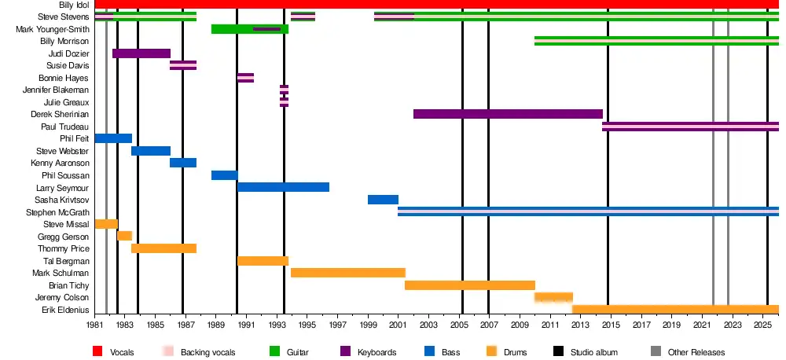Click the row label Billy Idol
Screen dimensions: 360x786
(x=73, y=5)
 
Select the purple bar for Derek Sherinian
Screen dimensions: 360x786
(x=508, y=114)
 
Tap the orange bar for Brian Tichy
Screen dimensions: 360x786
(x=470, y=285)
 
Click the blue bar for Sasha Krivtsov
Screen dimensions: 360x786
(x=383, y=200)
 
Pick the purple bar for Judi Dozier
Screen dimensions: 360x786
(x=141, y=53)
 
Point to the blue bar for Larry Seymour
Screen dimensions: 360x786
(x=283, y=187)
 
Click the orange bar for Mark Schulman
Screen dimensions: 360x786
(x=348, y=273)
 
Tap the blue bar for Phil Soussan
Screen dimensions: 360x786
(x=224, y=175)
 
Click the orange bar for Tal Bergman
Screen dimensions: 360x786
(x=263, y=261)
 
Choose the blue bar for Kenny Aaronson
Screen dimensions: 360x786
(x=183, y=163)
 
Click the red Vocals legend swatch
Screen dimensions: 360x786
(x=98, y=351)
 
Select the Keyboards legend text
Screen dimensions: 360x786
(x=376, y=352)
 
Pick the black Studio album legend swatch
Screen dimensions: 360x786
(x=559, y=351)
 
